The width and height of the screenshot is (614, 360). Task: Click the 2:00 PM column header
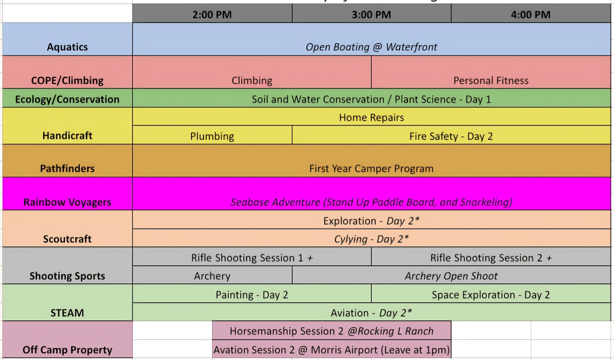[x=212, y=14]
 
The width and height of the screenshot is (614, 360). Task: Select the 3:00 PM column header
[x=371, y=14]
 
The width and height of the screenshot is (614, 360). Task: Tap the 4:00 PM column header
[x=531, y=14]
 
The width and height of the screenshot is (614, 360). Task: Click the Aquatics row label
[x=67, y=47]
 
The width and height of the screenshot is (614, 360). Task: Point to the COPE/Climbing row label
[x=67, y=80]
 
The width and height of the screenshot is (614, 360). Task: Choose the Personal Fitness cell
[x=491, y=80]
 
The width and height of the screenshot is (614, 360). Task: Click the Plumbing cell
[x=212, y=136]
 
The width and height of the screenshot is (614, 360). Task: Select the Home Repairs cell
[x=371, y=117]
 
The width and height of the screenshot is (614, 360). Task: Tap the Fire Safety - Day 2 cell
[x=451, y=136]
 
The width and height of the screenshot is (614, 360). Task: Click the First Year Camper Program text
[x=371, y=168]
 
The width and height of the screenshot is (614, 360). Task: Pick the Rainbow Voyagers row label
[x=67, y=202]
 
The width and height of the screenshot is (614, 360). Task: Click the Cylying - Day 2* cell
[x=371, y=239]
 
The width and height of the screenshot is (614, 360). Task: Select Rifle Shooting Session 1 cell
[x=252, y=258]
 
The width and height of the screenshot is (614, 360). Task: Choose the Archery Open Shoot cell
[x=451, y=276]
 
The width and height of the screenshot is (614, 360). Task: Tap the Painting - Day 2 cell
[x=252, y=294]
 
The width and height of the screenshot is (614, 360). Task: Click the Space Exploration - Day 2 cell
[x=491, y=294]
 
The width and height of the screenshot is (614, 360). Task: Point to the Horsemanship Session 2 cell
[x=332, y=331]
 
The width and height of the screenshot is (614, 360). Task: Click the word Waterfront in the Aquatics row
[x=411, y=47]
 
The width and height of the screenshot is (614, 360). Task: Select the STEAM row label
[x=67, y=313]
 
